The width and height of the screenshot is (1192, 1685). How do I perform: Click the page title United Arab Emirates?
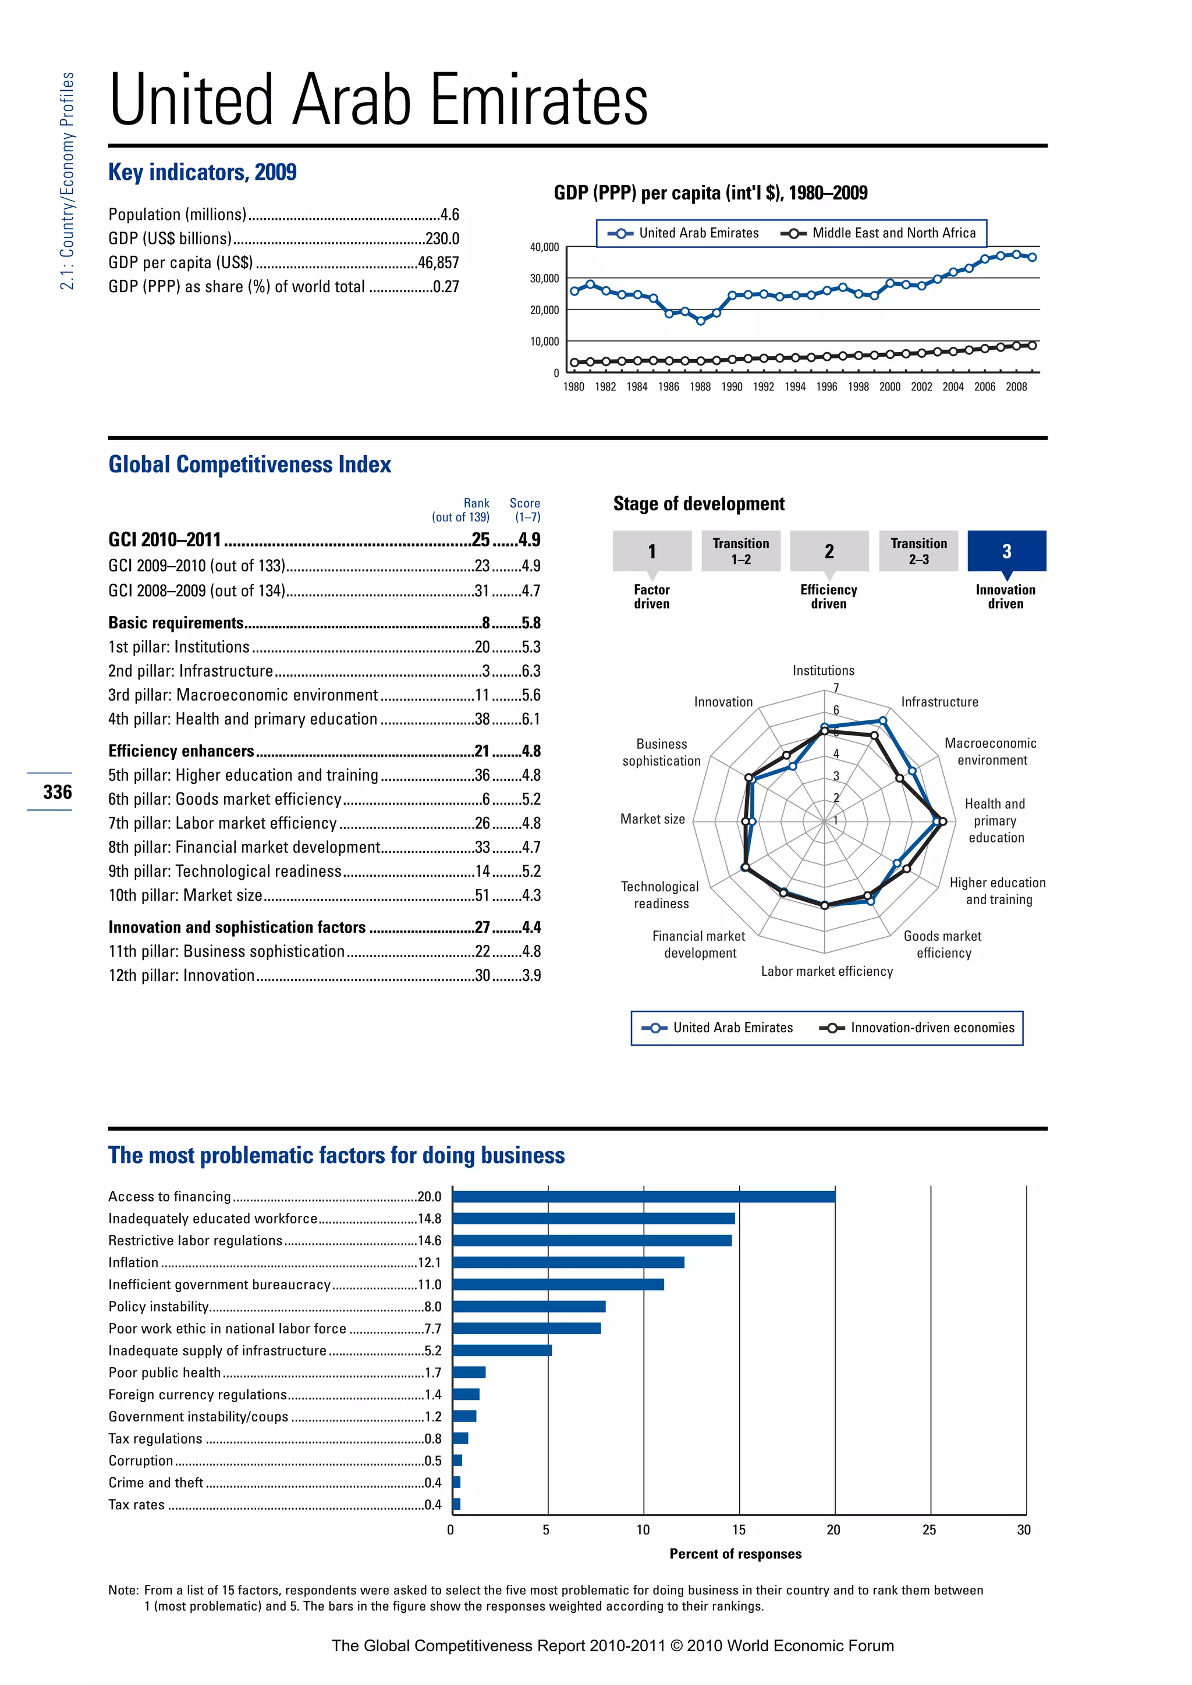[x=378, y=100]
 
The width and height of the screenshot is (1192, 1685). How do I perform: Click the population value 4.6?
[x=449, y=214]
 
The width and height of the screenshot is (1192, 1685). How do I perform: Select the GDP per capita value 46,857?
[x=438, y=263]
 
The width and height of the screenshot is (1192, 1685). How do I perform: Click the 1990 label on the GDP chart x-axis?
[x=731, y=387]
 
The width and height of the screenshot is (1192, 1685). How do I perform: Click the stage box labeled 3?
[x=1006, y=550]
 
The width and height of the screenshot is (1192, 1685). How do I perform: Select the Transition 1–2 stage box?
[x=740, y=550]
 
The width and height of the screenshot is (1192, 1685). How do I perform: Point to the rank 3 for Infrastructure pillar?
[x=486, y=671]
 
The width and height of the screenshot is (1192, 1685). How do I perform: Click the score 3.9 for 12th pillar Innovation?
[x=531, y=975]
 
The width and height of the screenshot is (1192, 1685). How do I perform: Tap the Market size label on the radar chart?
[x=652, y=819]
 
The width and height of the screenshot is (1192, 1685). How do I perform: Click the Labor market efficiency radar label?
[x=826, y=971]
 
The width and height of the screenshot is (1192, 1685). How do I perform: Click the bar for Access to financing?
[x=643, y=1196]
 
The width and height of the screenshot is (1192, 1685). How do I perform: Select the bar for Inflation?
[x=568, y=1262]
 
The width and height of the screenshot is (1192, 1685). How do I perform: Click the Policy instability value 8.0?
[x=432, y=1306]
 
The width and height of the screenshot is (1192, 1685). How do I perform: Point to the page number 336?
[x=57, y=792]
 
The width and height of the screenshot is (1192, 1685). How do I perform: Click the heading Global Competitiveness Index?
[x=250, y=464]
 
